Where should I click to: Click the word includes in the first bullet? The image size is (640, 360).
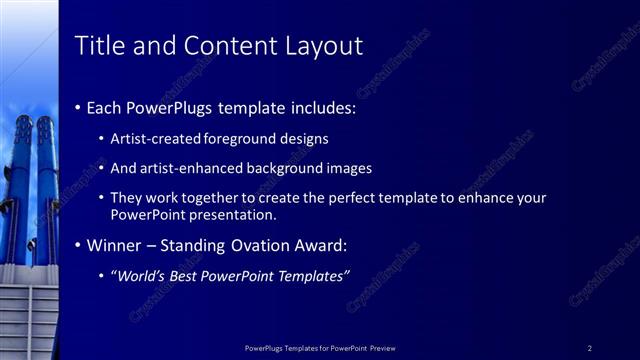point(322,107)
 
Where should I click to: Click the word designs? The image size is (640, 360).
point(306,139)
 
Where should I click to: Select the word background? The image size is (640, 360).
point(271,168)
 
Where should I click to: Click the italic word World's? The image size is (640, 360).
point(141,275)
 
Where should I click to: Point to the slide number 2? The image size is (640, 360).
point(590,348)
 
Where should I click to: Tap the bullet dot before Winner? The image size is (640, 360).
point(79,245)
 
